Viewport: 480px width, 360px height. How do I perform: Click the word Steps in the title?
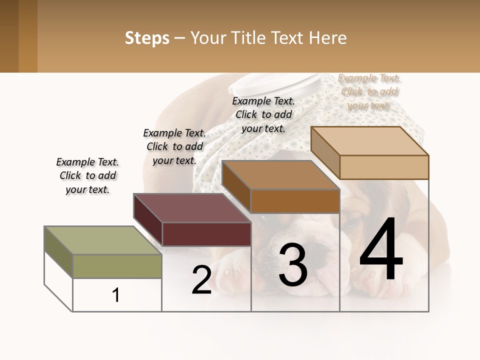tap(147, 38)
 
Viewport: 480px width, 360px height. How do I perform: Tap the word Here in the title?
tap(328, 38)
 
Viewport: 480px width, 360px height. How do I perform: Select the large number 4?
tap(381, 250)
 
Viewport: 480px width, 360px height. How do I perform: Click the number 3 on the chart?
tap(293, 265)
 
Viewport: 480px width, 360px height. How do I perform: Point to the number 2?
tap(202, 280)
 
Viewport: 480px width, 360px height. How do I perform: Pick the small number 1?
tap(116, 295)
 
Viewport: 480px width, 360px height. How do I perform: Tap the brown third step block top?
tap(280, 175)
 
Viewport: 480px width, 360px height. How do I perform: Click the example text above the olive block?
tap(87, 175)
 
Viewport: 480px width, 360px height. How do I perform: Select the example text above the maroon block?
tap(174, 146)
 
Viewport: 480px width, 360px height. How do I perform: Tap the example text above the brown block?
tap(263, 114)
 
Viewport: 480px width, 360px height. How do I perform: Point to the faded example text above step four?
tap(369, 92)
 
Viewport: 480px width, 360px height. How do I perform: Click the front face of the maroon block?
tap(206, 234)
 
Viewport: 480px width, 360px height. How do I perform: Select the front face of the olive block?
tap(117, 266)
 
